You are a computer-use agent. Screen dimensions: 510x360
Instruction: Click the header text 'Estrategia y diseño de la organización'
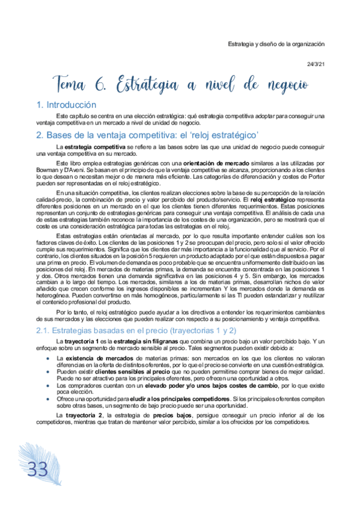[x=276, y=44]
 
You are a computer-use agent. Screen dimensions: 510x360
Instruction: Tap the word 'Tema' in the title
[x=73, y=84]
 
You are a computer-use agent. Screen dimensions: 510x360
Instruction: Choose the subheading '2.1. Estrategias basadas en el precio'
[x=133, y=330]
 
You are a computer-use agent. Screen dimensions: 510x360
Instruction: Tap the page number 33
[x=37, y=468]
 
